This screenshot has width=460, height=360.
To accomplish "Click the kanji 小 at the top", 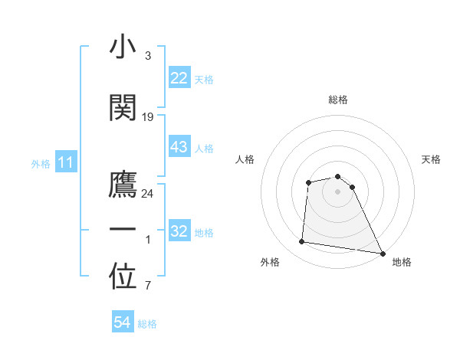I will tap(123, 47).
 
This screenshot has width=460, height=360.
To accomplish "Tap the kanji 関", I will tap(123, 108).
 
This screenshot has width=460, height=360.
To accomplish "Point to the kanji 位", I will tap(123, 278).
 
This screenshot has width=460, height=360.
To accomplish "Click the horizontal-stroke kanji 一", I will tap(123, 231).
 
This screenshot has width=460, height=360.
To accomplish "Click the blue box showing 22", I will tap(179, 78).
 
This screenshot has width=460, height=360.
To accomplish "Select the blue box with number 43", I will tap(179, 147).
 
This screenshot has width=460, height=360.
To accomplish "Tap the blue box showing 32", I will tap(179, 231).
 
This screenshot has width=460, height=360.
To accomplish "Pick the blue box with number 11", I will tap(66, 162).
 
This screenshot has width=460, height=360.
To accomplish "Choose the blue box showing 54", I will tap(123, 323).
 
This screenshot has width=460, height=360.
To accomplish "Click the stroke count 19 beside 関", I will tap(148, 117).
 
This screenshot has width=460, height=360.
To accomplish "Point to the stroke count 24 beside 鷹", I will tap(148, 194).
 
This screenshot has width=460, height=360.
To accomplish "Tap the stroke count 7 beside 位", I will tap(148, 286).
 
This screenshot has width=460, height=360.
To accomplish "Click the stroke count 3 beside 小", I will tap(148, 56).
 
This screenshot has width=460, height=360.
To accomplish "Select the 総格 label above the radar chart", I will tap(338, 100).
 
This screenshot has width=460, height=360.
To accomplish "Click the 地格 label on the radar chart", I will tap(402, 262).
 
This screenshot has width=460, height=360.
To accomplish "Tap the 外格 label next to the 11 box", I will tap(41, 163).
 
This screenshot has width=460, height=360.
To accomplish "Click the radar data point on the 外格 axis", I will tap(302, 242).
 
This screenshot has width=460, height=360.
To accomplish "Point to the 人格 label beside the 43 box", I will tap(204, 148).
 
